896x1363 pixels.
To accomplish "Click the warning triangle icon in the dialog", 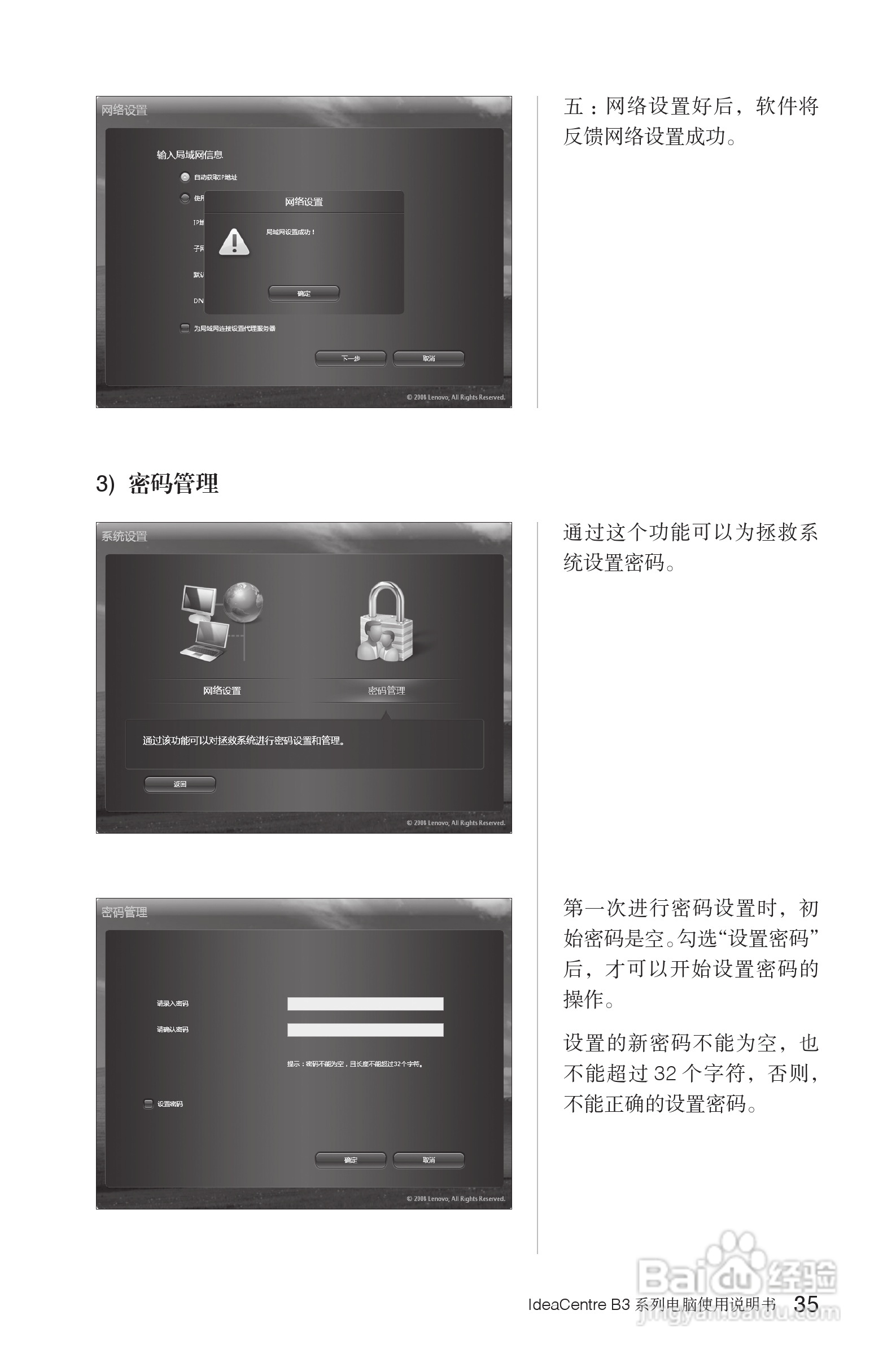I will point(234,242).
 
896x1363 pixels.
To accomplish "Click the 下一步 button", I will point(351,358).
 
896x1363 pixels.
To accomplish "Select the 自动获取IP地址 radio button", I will point(185,177).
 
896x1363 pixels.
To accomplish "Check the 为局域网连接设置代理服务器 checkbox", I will point(185,328).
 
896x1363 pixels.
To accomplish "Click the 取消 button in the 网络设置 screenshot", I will point(429,358).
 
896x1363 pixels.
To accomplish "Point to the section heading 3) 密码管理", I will point(157,484).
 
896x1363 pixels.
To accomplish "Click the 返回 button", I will point(180,784).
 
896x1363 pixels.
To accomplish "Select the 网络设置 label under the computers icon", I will point(222,691).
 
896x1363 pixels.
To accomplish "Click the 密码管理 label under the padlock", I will point(386,691).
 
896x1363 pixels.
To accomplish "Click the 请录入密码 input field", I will point(365,1003).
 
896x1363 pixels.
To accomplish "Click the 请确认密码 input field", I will point(365,1029).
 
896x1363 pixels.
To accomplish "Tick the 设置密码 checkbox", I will point(148,1103).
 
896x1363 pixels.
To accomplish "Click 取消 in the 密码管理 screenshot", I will point(429,1160).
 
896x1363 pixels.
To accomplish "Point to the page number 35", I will point(806,1304).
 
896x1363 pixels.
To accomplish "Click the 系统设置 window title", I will point(124,536).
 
